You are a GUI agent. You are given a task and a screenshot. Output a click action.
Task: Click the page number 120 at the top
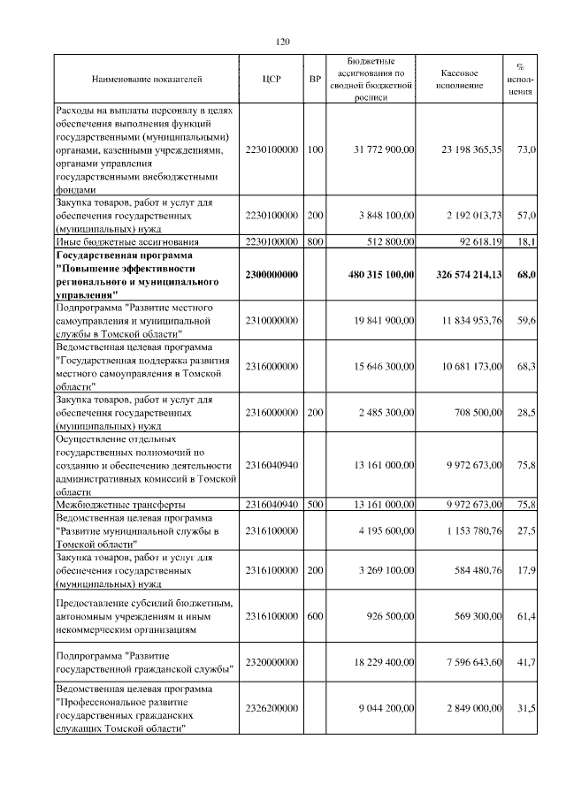pyautogui.click(x=283, y=42)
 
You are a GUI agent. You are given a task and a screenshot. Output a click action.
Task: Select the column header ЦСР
pyautogui.click(x=272, y=80)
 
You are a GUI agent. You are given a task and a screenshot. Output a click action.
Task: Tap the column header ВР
pyautogui.click(x=314, y=80)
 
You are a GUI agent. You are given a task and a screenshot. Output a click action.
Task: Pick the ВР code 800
pyautogui.click(x=314, y=240)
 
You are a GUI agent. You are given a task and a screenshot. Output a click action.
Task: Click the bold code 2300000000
pyautogui.click(x=272, y=276)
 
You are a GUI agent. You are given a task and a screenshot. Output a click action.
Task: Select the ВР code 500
pyautogui.click(x=314, y=504)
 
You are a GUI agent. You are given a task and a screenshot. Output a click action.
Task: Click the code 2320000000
pyautogui.click(x=272, y=662)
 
